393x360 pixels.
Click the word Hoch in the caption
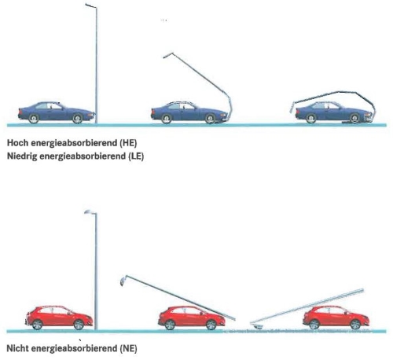pos(18,143)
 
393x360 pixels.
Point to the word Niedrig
pos(22,156)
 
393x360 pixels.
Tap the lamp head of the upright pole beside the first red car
pos(88,211)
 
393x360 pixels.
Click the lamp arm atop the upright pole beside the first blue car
pos(91,6)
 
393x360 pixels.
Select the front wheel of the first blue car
pos(77,119)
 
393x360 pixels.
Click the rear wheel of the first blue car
pos(34,119)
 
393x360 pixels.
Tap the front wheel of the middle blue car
pos(211,119)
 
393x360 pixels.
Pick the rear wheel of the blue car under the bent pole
pos(311,119)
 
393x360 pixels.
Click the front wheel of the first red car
pos(79,325)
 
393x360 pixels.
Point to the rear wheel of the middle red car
pos(170,325)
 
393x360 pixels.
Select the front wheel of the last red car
pos(355,325)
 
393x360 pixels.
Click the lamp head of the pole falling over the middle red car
pos(123,281)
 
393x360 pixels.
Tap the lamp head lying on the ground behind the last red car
pos(258,326)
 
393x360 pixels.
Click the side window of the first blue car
pos(49,106)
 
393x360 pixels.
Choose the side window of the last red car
pos(331,310)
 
